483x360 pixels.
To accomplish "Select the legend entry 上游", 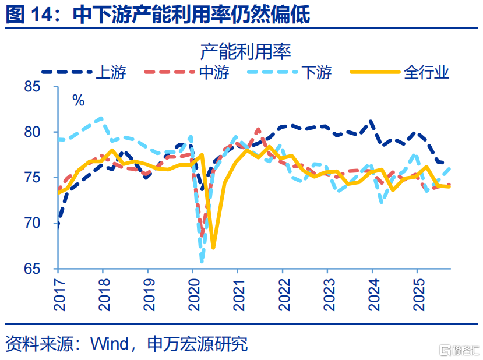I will [x=110, y=72].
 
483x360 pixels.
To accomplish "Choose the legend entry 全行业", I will [x=426, y=72].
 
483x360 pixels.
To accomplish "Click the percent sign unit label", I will [x=78, y=100].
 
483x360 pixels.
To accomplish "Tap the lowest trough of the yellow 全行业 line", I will [x=213, y=248].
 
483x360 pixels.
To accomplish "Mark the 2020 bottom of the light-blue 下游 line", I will [x=202, y=260].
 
